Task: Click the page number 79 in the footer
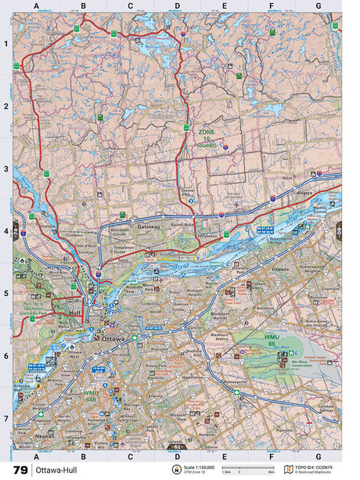pos(19,470)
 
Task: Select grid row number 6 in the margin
pos(5,355)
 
